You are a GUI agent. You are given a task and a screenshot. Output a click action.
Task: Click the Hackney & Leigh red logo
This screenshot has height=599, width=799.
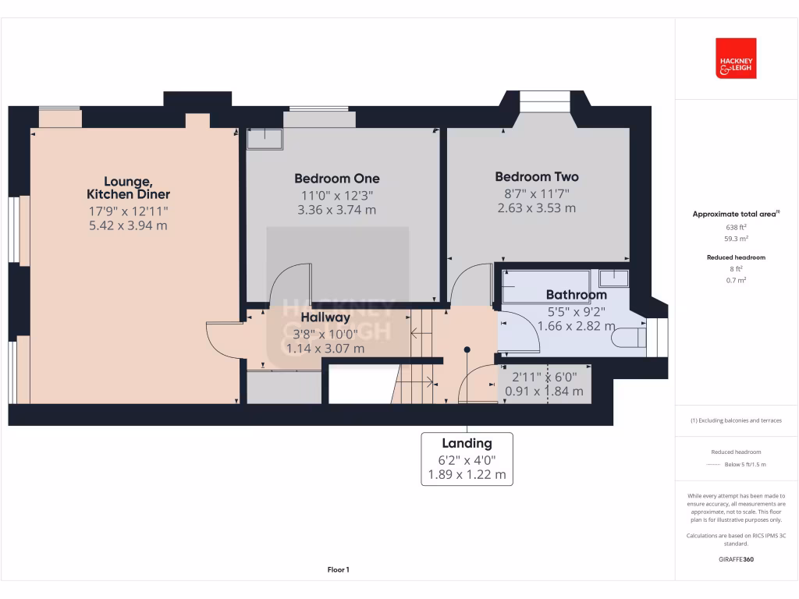tap(736, 58)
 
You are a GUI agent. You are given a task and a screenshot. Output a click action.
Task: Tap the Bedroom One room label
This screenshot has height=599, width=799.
tap(337, 179)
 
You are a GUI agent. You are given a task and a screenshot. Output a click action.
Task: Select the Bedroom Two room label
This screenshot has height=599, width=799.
tap(537, 177)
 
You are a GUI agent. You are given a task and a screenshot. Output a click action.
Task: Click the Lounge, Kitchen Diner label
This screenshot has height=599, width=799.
tap(128, 187)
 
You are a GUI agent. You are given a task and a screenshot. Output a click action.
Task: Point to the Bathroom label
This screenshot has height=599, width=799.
tap(576, 295)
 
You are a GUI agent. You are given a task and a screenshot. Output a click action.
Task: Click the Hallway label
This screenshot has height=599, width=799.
tap(325, 317)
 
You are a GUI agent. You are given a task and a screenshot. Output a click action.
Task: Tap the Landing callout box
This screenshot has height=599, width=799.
tap(467, 459)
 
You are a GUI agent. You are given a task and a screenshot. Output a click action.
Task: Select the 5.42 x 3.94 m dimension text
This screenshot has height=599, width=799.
tap(128, 225)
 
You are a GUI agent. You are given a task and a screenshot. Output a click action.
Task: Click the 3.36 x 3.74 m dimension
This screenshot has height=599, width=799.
tap(337, 210)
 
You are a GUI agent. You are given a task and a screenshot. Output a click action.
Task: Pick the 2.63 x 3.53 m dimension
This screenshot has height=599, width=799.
tap(537, 208)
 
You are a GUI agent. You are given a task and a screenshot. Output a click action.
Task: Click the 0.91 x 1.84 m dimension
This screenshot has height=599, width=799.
tap(544, 392)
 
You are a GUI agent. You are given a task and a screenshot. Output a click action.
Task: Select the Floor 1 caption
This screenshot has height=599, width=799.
tap(338, 570)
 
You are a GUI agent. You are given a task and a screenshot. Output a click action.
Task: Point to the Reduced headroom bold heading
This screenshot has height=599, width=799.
tap(736, 257)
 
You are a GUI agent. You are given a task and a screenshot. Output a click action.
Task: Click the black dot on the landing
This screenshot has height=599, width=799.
tap(467, 349)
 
